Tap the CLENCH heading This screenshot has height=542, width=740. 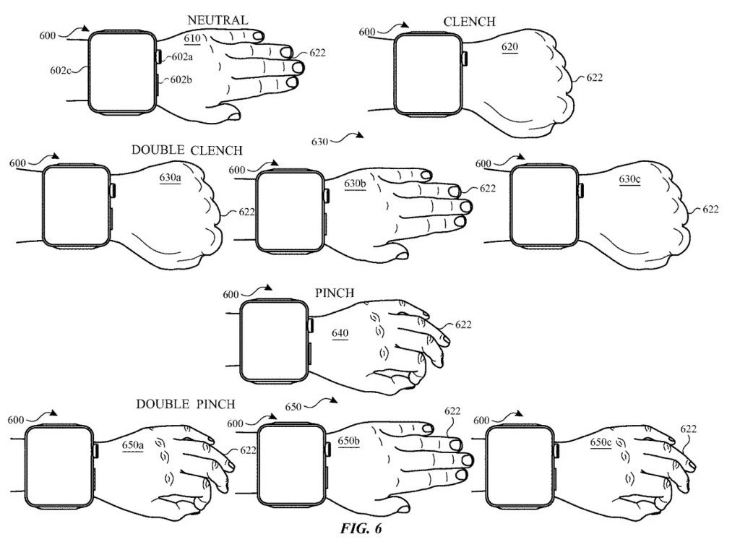[469, 22]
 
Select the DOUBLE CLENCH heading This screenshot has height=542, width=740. [186, 150]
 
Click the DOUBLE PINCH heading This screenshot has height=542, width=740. [186, 403]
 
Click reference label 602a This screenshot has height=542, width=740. [182, 57]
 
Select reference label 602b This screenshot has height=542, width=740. [181, 80]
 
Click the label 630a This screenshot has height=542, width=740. [170, 177]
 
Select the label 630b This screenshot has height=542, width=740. [355, 184]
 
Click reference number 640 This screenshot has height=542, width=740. [340, 333]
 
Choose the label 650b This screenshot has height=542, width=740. [349, 440]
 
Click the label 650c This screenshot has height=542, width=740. [602, 442]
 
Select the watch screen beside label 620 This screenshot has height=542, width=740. [427, 73]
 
